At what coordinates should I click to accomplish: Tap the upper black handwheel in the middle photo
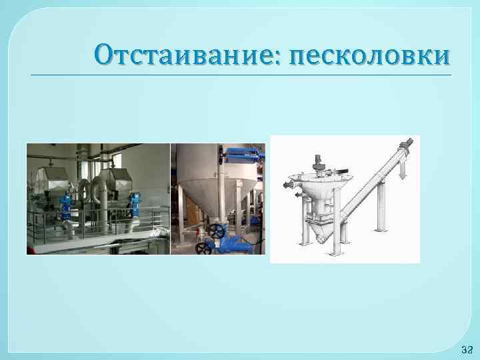click(215, 230)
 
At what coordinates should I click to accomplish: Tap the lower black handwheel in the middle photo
click(204, 247)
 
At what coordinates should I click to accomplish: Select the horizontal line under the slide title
click(240, 75)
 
